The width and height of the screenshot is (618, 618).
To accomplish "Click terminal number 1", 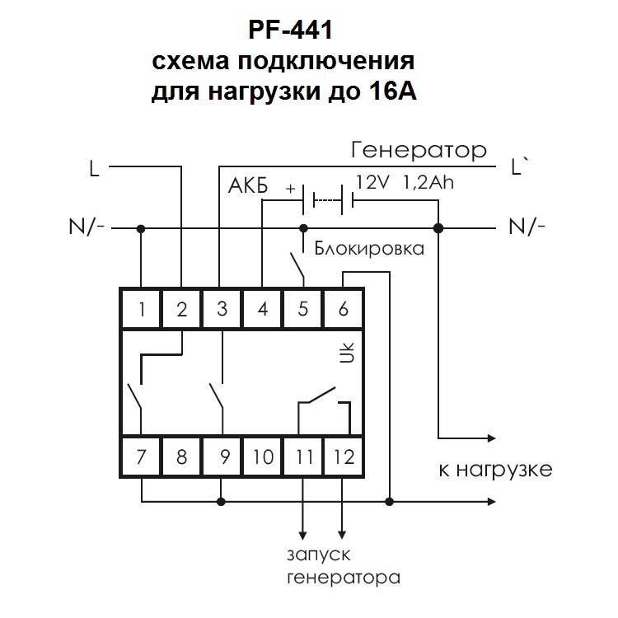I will [x=142, y=310].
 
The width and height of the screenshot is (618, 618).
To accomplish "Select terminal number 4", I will [x=263, y=310].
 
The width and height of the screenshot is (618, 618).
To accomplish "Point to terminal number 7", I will [x=142, y=456].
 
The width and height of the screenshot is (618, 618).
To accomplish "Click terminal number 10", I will [x=263, y=456].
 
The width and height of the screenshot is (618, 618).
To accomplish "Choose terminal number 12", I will [x=344, y=456].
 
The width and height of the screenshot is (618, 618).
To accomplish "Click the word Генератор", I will [x=419, y=152].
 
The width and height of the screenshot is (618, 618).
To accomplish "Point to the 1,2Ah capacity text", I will [x=428, y=182].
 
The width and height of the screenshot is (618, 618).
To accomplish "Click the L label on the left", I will [x=95, y=169].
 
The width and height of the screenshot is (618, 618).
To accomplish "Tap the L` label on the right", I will [x=520, y=169].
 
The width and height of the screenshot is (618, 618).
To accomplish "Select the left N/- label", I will [x=87, y=227].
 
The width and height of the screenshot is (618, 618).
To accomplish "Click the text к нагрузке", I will [x=494, y=471].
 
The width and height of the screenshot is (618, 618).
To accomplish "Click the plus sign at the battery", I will [x=290, y=187].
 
